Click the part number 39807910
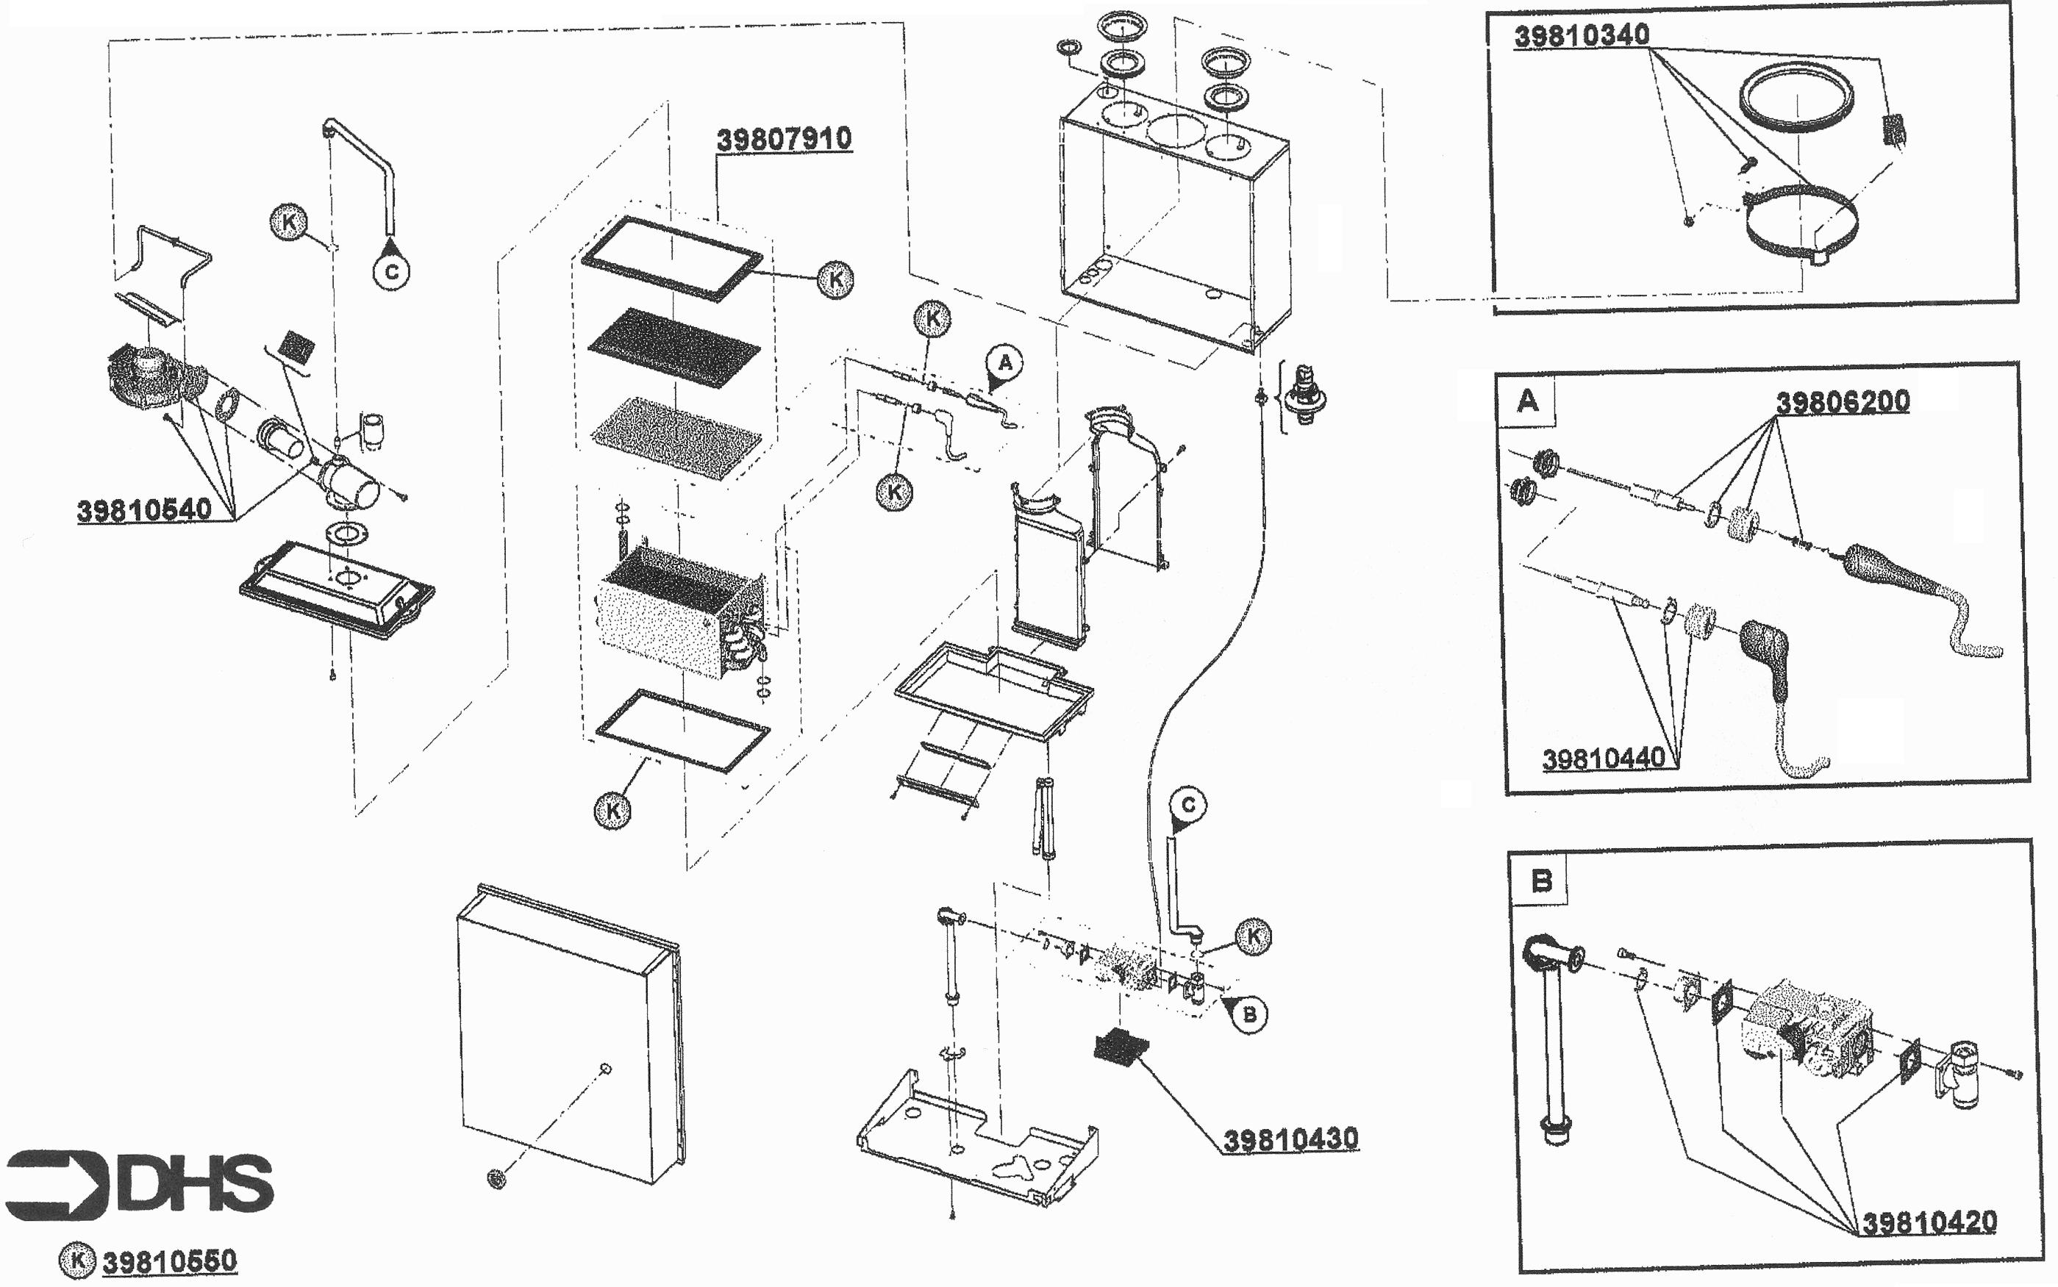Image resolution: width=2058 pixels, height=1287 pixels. [x=783, y=139]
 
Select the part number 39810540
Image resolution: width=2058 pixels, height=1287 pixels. [x=144, y=511]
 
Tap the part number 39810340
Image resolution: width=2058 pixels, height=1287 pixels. [x=1581, y=36]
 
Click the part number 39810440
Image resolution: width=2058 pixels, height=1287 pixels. [x=1604, y=759]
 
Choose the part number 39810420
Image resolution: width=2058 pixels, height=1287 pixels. [x=1929, y=1223]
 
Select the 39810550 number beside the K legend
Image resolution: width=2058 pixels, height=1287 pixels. [x=169, y=1261]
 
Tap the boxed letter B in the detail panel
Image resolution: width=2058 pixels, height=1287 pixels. [x=1541, y=880]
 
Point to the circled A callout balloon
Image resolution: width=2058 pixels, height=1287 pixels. [x=1004, y=363]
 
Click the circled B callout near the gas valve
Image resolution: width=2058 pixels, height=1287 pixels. [x=1249, y=1014]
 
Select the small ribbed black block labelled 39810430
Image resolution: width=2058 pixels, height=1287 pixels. [x=1121, y=1046]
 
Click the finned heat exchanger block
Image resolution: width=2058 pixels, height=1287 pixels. [x=677, y=609]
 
